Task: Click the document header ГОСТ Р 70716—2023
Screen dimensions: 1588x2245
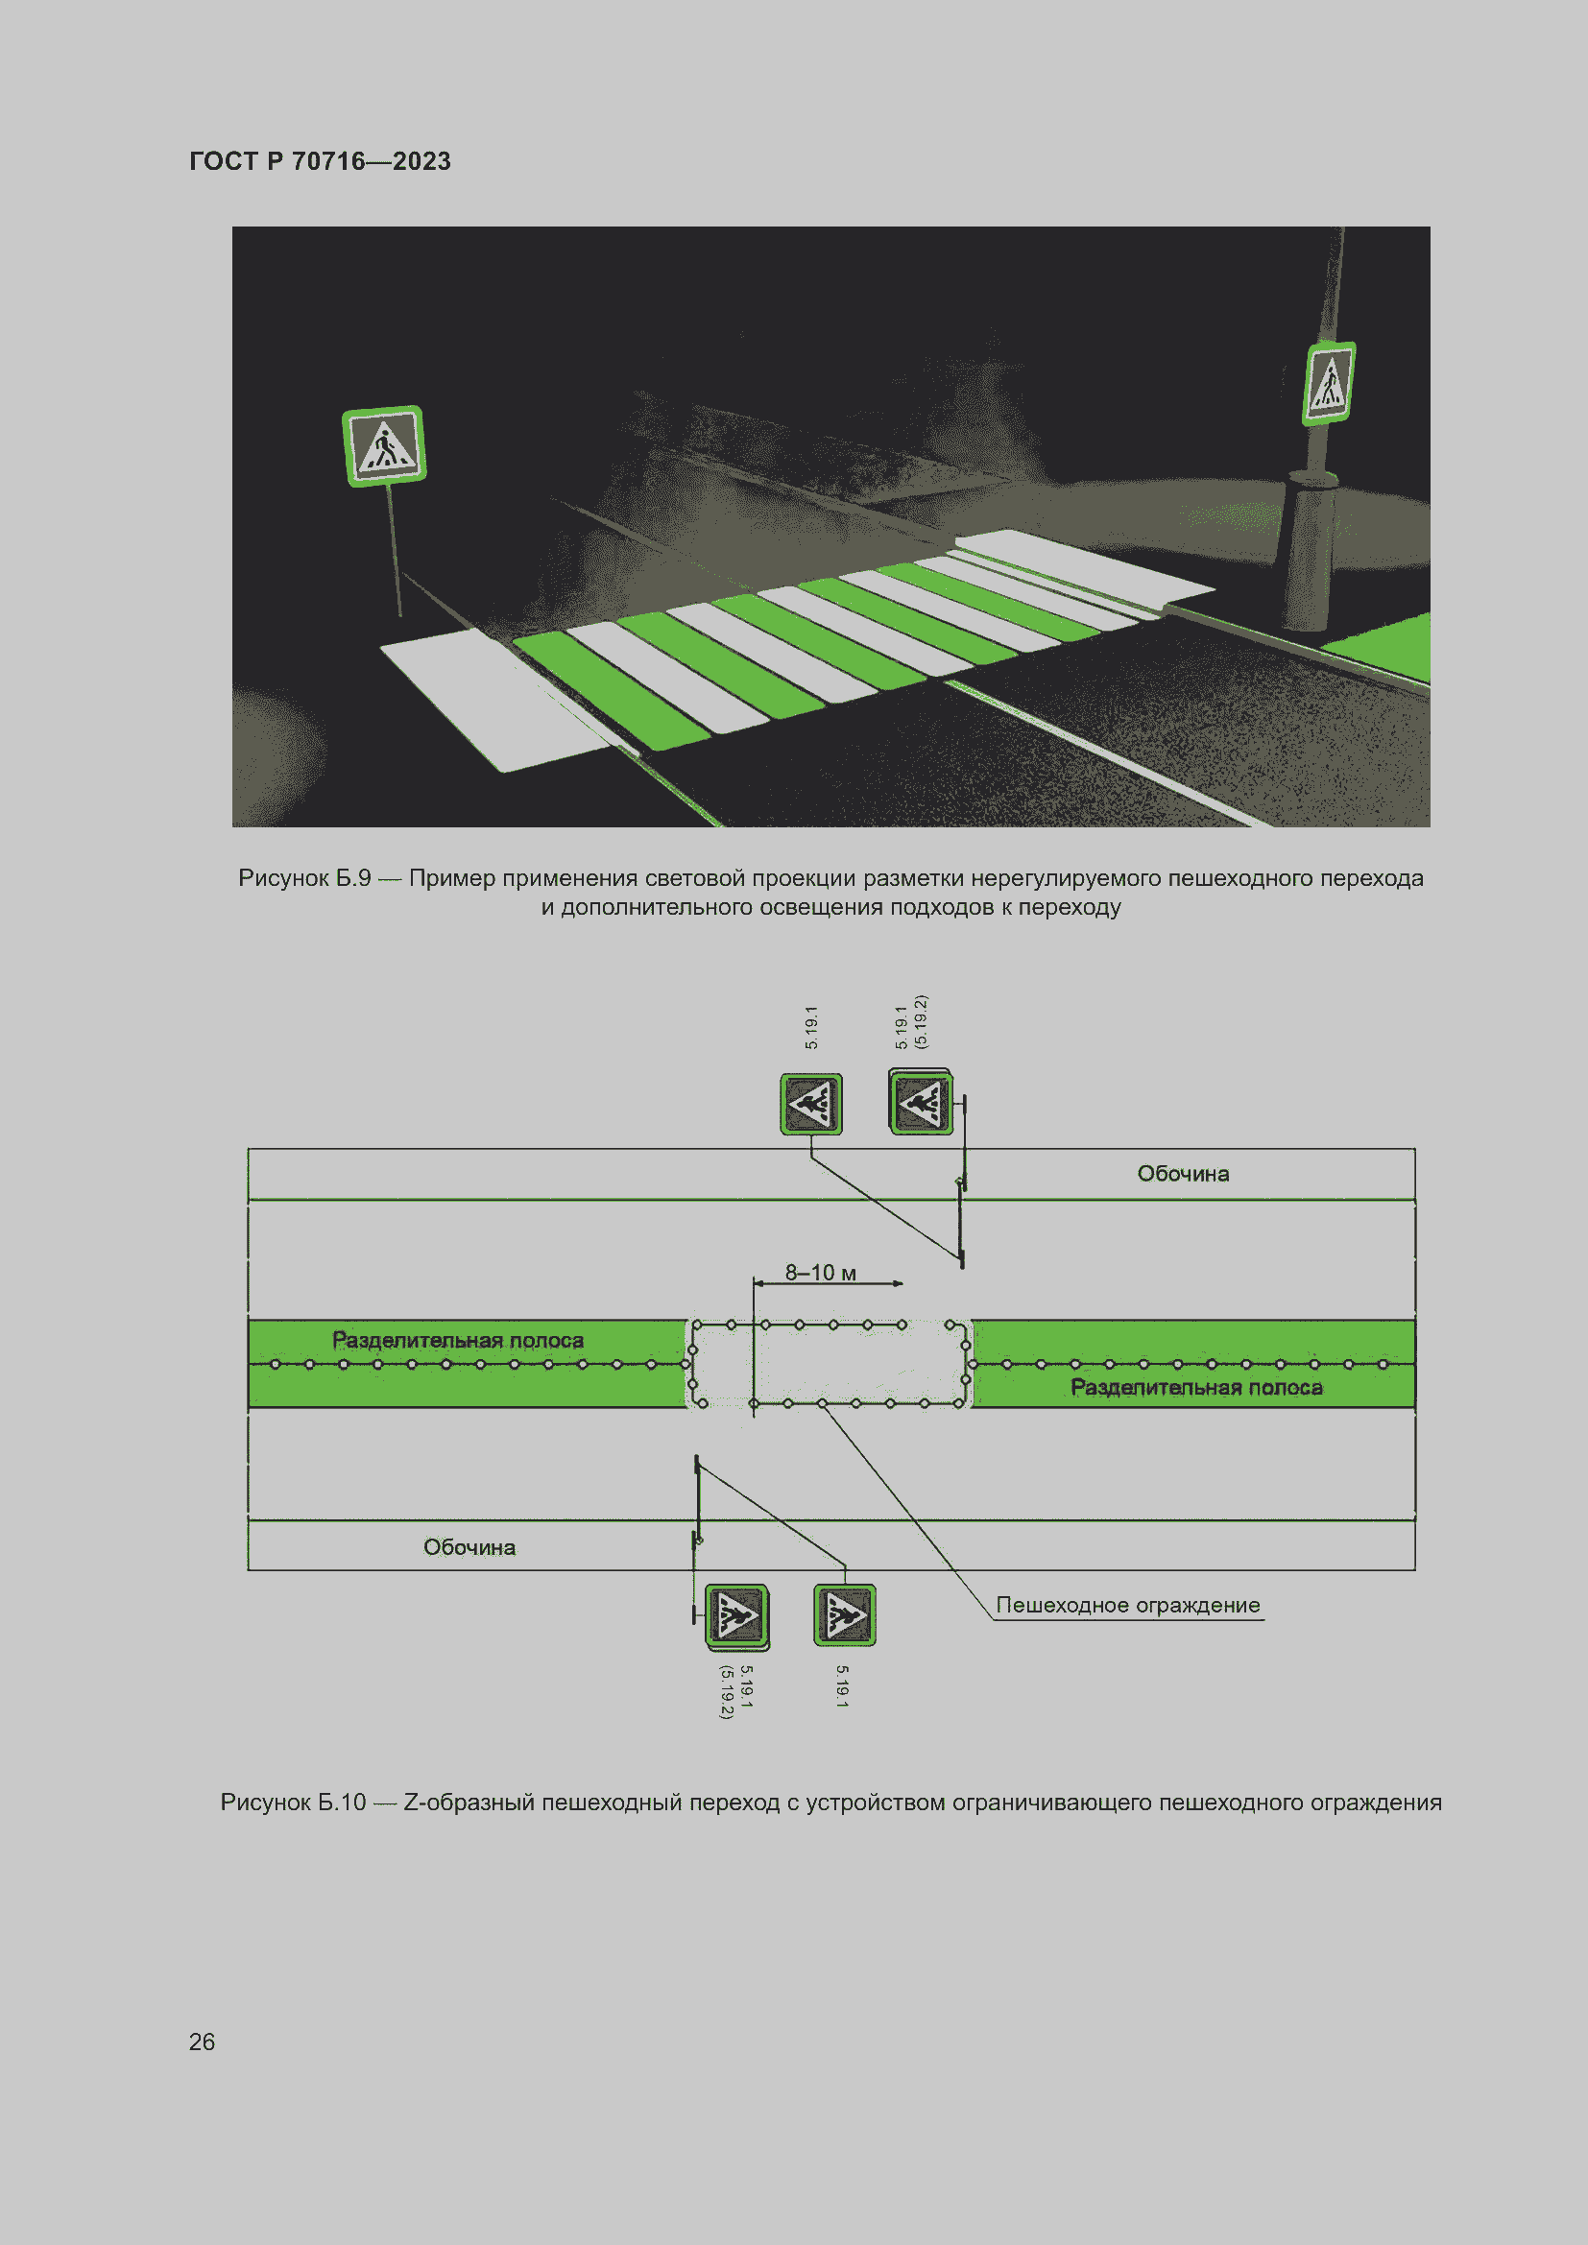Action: [320, 161]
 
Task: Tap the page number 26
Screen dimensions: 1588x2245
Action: [202, 2042]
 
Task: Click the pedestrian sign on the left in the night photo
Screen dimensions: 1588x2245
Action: [383, 446]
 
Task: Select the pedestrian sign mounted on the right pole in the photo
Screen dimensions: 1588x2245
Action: [1329, 382]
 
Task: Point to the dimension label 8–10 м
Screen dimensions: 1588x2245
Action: [820, 1272]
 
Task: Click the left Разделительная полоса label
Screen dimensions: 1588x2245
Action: [458, 1340]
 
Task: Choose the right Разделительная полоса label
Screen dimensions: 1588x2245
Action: [1196, 1387]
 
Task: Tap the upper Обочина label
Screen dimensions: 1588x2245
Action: [1183, 1173]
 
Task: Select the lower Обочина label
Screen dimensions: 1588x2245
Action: [469, 1547]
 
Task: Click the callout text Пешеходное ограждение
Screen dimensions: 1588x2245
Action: [1127, 1605]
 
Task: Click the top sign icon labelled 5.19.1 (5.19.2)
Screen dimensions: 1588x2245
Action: [920, 1102]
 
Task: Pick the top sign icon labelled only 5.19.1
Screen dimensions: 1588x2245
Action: [810, 1104]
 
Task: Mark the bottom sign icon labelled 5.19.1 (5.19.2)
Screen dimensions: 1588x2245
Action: [736, 1616]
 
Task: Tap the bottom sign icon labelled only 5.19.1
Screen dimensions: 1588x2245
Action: [845, 1615]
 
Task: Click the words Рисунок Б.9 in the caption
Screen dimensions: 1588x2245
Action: [304, 878]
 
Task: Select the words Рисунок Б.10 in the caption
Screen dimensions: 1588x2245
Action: [293, 1803]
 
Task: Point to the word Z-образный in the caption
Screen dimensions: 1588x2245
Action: [469, 1803]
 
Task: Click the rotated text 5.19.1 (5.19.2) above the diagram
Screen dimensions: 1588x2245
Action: [910, 1023]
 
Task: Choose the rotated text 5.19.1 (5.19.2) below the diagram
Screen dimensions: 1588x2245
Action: [736, 1691]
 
